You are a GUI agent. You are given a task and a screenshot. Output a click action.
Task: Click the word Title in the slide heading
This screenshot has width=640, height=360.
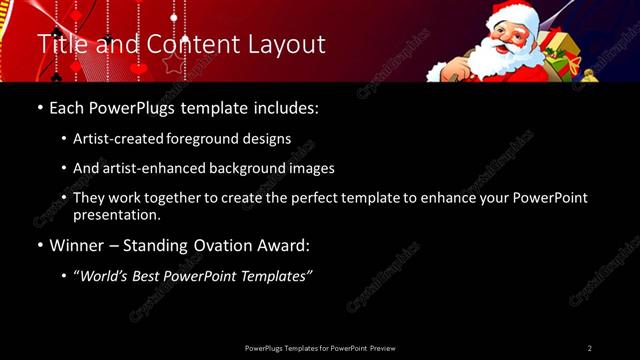[x=62, y=45]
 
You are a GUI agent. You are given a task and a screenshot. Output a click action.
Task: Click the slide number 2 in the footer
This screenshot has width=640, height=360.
[x=590, y=348]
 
